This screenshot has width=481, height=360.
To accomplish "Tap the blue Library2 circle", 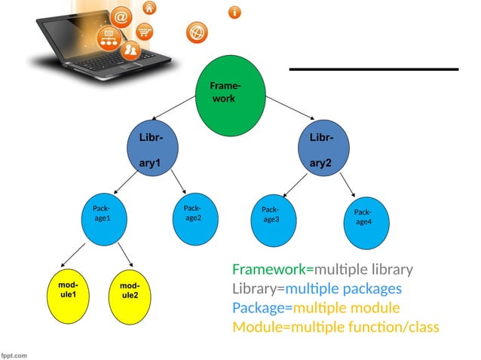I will pos(325,148).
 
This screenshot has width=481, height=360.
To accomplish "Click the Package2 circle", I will pos(193,214).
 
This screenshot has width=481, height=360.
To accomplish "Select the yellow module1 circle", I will pos(69,291).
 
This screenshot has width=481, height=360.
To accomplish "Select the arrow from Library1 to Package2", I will pos(179,182).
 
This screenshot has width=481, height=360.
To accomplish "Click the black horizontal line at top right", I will pos(374,69).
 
